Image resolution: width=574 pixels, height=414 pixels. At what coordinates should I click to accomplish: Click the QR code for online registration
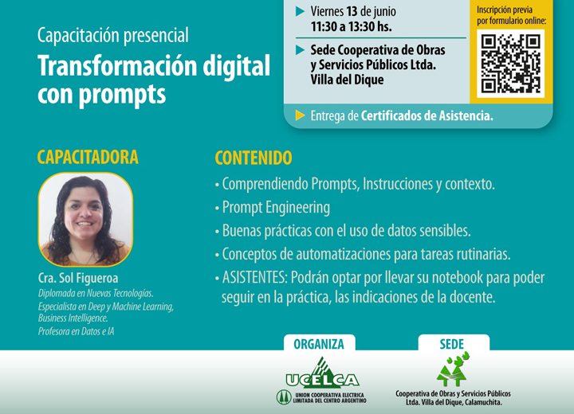(511, 64)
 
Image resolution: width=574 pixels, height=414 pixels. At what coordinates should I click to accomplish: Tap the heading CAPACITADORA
(88, 157)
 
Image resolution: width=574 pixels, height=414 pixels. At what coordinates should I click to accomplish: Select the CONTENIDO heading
(254, 158)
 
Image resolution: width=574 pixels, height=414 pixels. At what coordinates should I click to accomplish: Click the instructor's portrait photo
(85, 220)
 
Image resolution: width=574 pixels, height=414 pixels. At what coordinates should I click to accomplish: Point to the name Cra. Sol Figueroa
(78, 279)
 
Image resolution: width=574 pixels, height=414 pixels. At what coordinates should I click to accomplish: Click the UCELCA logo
(322, 381)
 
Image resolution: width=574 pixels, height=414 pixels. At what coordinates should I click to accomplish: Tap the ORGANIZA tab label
(319, 344)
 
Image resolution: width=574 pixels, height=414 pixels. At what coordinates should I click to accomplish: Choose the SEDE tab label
(452, 344)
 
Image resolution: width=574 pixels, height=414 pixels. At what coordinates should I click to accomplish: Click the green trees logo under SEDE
(453, 369)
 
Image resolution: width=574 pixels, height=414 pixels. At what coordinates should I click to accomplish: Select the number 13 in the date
(352, 11)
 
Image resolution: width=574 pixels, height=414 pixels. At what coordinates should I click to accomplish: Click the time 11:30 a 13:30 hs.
(351, 26)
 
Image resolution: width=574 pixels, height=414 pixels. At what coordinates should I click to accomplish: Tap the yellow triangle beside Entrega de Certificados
(301, 115)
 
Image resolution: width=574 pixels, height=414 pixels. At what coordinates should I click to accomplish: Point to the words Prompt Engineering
(276, 207)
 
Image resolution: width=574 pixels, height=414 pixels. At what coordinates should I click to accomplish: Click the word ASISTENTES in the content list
(255, 278)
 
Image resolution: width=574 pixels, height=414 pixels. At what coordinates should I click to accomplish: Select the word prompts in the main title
(122, 95)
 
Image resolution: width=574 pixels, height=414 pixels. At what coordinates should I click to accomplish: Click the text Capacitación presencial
(112, 36)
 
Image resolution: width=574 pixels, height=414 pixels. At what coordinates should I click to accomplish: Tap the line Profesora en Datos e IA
(77, 331)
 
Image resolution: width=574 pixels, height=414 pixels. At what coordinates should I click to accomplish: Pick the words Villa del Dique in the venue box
(347, 80)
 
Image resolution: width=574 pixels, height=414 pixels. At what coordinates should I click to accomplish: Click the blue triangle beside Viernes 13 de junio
(301, 11)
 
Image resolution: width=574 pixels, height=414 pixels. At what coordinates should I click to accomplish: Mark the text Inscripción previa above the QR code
(505, 10)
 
